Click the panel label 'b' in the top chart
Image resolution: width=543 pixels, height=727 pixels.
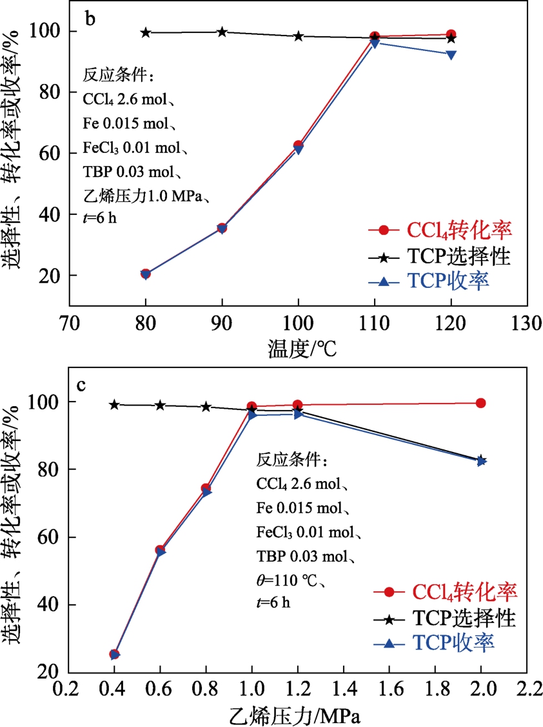click(91, 19)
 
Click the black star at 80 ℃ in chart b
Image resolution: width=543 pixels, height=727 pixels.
click(146, 32)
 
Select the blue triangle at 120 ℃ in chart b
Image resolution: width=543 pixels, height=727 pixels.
click(451, 54)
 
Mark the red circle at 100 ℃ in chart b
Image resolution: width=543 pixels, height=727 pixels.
click(298, 146)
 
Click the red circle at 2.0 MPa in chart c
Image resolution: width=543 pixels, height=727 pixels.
click(480, 403)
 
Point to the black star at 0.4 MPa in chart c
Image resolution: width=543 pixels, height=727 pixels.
click(114, 405)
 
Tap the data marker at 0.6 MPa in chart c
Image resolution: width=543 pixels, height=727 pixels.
click(161, 550)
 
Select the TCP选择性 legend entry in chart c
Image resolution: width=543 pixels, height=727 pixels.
click(464, 619)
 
